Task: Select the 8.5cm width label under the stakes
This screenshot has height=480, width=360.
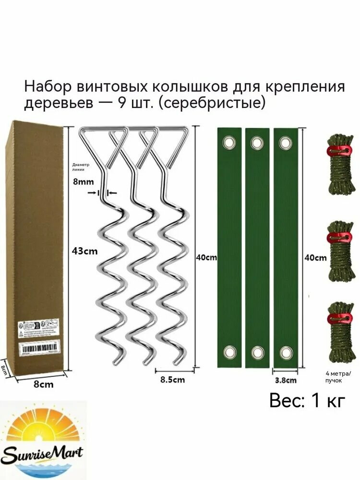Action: click(171, 380)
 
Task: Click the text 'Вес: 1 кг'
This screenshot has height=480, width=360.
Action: click(307, 400)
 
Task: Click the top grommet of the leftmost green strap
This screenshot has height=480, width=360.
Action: click(229, 143)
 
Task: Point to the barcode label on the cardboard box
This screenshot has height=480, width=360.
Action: click(37, 348)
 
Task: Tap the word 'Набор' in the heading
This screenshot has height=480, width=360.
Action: click(47, 86)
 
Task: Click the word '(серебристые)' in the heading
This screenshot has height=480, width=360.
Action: click(212, 103)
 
